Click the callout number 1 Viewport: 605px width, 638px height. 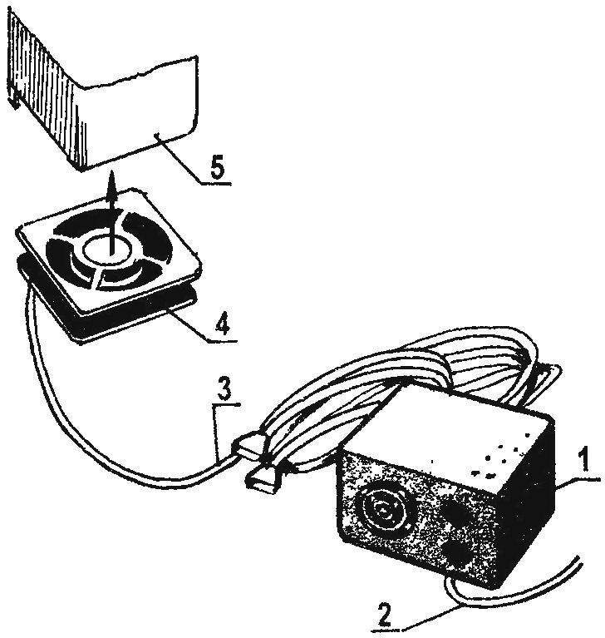(583, 458)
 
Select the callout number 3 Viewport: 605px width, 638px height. (224, 388)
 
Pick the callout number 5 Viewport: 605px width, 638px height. (218, 166)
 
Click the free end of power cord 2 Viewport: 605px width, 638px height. (579, 559)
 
